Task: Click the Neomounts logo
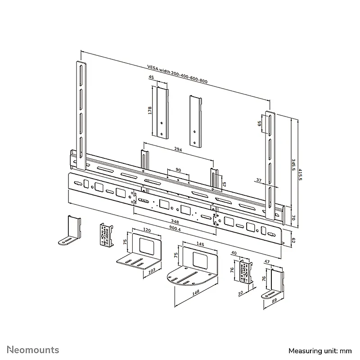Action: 33,350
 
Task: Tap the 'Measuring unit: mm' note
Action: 320,351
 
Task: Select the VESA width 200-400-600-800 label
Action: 177,74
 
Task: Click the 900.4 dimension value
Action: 175,229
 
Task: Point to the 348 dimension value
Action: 175,221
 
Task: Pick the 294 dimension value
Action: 178,149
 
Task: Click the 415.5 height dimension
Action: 300,175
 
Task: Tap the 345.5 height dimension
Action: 293,165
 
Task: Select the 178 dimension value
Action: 150,110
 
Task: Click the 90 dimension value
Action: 178,170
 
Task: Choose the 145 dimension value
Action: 200,244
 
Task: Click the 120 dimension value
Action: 147,230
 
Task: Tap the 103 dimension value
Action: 152,271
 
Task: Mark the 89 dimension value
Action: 274,301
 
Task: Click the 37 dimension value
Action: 259,180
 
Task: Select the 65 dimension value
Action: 260,123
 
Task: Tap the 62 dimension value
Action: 293,240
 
